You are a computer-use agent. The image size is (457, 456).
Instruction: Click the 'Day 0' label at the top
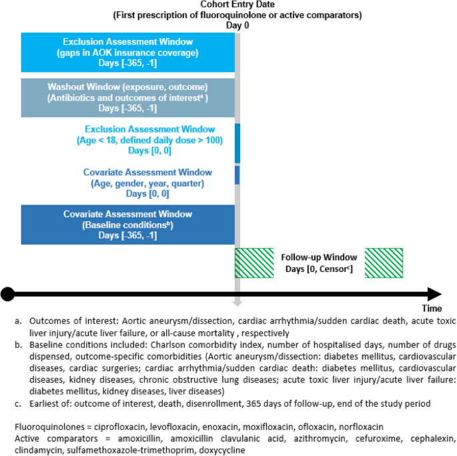click(236, 25)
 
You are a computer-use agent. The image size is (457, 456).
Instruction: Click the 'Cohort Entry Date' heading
click(236, 5)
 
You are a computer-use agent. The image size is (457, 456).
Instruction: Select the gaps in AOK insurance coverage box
click(127, 51)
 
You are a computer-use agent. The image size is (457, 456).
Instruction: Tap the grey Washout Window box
click(127, 97)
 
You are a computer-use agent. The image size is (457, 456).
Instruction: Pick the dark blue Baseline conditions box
click(127, 224)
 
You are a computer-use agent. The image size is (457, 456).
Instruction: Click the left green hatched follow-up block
click(255, 262)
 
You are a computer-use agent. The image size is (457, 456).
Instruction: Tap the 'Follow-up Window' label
click(319, 257)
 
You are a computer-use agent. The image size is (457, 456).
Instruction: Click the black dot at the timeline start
click(7, 293)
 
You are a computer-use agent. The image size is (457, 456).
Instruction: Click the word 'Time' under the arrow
click(431, 309)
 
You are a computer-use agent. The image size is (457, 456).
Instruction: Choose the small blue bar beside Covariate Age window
click(237, 175)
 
